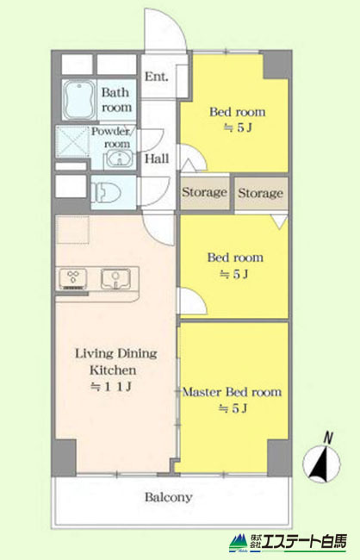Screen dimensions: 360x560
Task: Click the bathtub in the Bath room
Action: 79,100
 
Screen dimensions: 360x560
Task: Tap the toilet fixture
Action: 106,193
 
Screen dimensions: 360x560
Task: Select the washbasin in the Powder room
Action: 120,159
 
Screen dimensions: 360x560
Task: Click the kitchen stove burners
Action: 73,278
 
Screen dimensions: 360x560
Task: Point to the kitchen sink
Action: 115,278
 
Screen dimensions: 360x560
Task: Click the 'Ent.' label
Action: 156,77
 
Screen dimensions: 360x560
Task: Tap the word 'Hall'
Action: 157,159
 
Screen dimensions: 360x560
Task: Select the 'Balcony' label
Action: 168,497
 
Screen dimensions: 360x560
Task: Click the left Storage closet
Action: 205,193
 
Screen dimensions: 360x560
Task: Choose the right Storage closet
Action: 261,194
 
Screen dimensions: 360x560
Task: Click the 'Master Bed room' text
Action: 233,392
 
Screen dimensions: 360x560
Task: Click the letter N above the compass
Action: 328,438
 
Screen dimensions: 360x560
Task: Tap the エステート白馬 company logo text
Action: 303,542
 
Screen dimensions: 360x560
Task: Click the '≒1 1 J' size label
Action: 111,387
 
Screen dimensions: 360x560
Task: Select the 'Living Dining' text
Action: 116,353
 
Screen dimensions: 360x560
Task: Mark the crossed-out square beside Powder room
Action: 72,141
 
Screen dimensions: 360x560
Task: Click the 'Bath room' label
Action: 116,100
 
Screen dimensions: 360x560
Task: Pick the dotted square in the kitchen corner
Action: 72,230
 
